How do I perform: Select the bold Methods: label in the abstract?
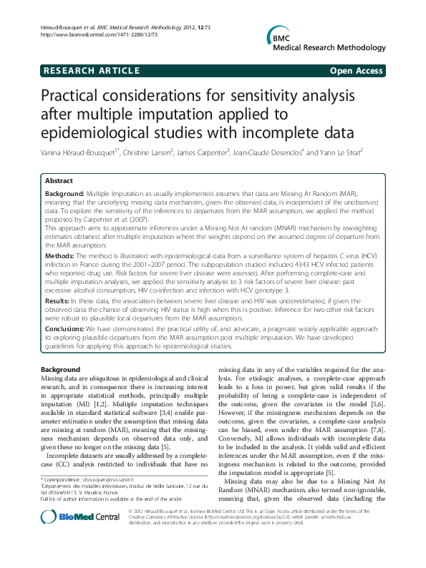(x=59, y=255)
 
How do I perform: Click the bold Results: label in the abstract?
(x=58, y=302)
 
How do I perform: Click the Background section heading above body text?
(x=62, y=368)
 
